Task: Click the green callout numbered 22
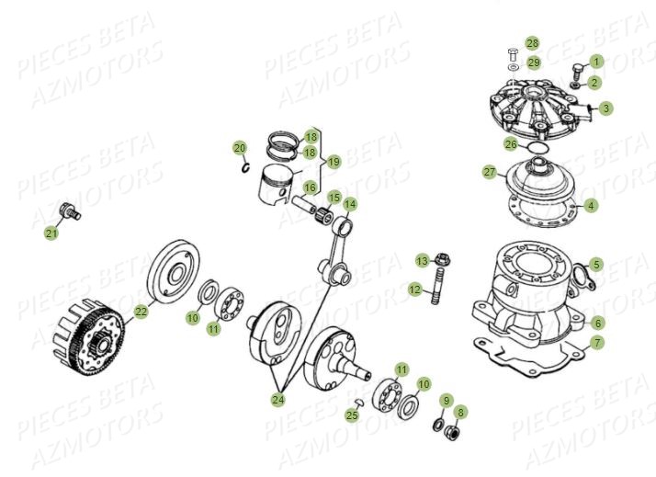[x=141, y=312]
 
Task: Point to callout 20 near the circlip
[x=239, y=148]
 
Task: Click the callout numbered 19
[x=334, y=162]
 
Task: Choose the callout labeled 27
[x=489, y=172]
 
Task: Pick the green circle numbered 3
[x=606, y=108]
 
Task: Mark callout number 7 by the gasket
[x=597, y=343]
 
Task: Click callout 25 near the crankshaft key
[x=353, y=415]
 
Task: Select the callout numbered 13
[x=422, y=261]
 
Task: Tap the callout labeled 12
[x=414, y=290]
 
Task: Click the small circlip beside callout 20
[x=245, y=166]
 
